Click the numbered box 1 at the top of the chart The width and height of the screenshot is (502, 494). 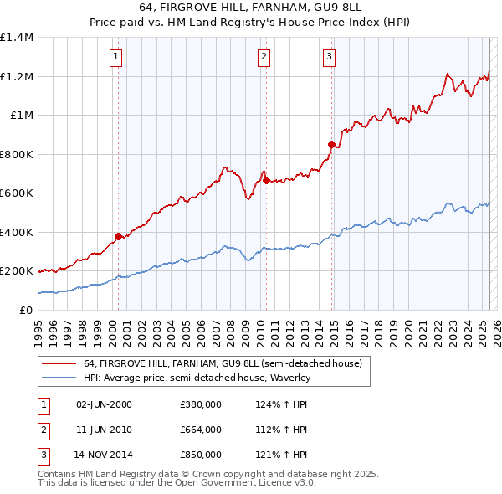pos(115,57)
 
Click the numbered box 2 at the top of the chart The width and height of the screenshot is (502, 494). pos(264,57)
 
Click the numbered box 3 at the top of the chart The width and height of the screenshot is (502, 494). pos(329,57)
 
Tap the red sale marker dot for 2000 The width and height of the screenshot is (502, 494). pos(118,236)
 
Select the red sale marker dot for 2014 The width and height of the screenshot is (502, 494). pos(331,145)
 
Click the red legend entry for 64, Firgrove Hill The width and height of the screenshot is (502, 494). pos(222,363)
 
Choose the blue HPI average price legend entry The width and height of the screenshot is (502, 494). pos(197,378)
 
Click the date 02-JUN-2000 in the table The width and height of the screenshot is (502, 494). pos(104,404)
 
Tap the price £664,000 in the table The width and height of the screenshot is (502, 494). pos(200,430)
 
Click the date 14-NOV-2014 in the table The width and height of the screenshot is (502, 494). pos(104,455)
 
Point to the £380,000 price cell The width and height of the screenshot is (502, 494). pos(200,404)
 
